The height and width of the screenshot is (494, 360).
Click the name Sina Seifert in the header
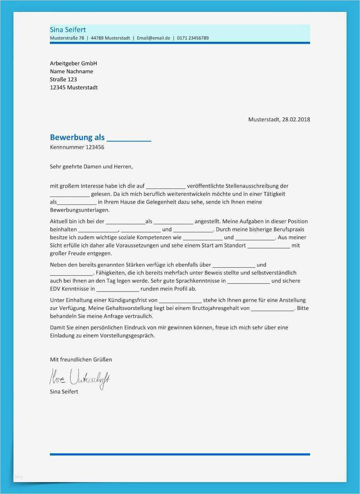tap(68, 30)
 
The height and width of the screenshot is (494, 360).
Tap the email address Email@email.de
tap(153, 38)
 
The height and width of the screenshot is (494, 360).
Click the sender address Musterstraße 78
tap(67, 38)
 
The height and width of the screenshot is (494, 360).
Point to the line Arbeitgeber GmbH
tap(73, 63)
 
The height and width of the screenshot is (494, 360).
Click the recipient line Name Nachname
tap(71, 71)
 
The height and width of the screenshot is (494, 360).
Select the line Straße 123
tap(63, 79)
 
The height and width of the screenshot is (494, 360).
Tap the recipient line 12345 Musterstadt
tap(74, 87)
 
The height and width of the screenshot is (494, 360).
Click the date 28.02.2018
tap(296, 119)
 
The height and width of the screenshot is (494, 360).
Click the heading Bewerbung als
tap(77, 137)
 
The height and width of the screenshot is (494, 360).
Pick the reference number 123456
tap(95, 147)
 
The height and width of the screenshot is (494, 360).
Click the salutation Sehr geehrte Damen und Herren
tap(91, 166)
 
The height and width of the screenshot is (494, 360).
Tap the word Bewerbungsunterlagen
tap(79, 210)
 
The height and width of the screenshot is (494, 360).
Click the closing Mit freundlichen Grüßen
tap(81, 359)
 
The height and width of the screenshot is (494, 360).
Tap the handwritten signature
tap(79, 378)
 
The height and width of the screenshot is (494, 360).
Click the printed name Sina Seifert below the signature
tap(64, 392)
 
